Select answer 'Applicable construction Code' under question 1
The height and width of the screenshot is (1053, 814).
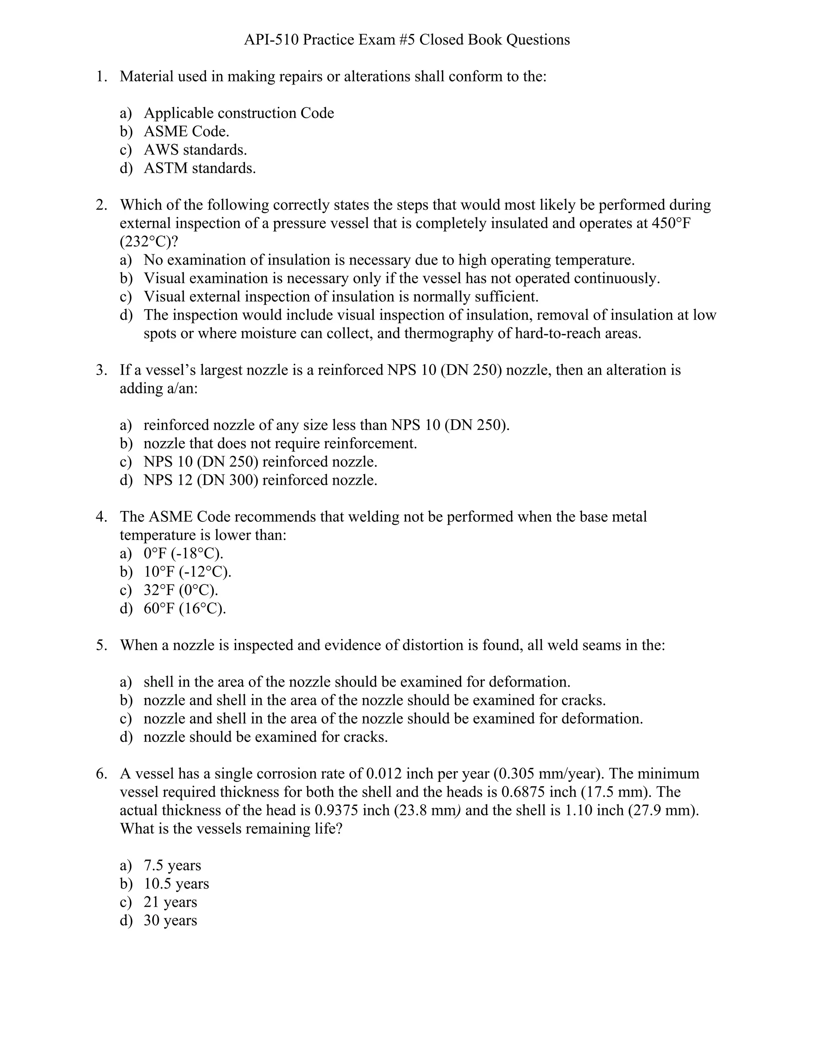click(239, 113)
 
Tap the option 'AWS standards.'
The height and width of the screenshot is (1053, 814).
click(195, 150)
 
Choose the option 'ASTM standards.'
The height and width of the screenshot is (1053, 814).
click(200, 168)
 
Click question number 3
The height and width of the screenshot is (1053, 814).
click(101, 370)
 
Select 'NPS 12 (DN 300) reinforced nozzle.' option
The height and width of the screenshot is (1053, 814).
click(260, 480)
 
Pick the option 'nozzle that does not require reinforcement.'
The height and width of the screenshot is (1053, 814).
click(280, 443)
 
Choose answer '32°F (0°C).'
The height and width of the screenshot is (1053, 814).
click(181, 590)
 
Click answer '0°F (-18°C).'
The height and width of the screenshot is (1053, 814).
click(183, 554)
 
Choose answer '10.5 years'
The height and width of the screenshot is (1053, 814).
click(176, 884)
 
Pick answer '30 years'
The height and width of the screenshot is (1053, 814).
click(170, 920)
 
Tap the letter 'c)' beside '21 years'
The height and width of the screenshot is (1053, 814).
click(125, 902)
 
